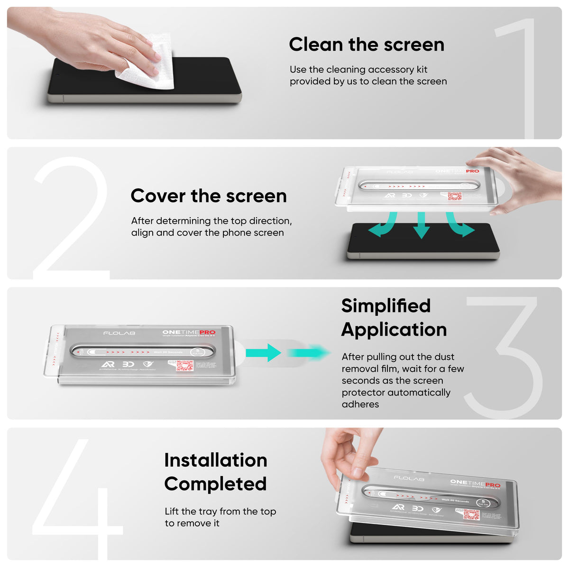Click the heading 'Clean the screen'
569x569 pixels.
coord(367,45)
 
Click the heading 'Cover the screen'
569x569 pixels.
coord(209,196)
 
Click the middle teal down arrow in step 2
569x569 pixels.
coord(421,226)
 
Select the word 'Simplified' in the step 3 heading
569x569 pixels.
coord(386,306)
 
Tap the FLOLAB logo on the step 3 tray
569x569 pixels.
coord(119,333)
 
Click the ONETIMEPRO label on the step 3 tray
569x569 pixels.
coord(189,332)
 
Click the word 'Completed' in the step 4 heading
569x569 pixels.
coord(215,484)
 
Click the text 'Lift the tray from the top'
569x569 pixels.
coord(220,512)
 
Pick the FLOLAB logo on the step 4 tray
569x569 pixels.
coord(408,478)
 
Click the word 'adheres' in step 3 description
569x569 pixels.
coord(360,404)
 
